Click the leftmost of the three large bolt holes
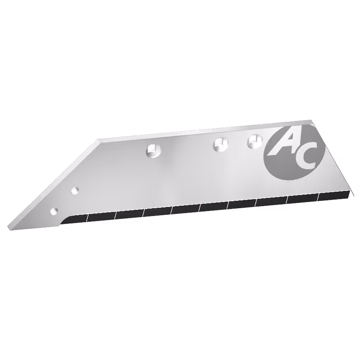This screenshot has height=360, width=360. pyautogui.click(x=153, y=151)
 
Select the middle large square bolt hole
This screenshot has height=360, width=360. pyautogui.click(x=221, y=144)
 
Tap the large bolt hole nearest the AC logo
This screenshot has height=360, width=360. pyautogui.click(x=255, y=141)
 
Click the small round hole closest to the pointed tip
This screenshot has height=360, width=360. pyautogui.click(x=54, y=211)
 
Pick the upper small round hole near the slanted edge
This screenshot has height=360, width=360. pyautogui.click(x=75, y=190)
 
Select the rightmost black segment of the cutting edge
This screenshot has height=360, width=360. pyautogui.click(x=334, y=195)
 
